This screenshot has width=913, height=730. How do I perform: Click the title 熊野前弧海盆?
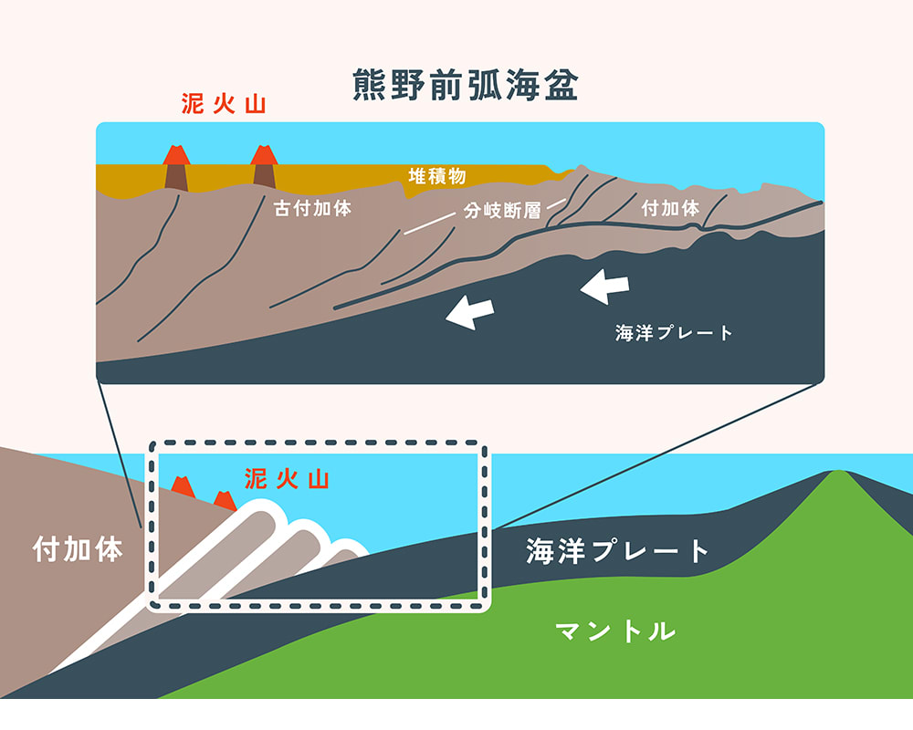466,86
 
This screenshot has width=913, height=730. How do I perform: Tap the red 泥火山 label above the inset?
224,104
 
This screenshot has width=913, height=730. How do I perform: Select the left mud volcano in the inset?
175,167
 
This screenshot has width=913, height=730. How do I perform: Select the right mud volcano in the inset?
264,167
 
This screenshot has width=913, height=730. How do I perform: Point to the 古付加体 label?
312,208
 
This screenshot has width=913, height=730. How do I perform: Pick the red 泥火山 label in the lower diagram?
286,479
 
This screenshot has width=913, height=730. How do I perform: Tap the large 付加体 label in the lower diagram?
78,550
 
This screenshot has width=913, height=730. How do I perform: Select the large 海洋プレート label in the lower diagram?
618,551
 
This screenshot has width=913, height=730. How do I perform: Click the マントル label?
616,631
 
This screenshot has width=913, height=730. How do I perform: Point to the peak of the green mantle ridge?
835,473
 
